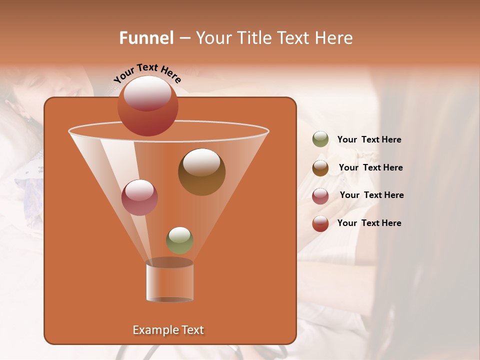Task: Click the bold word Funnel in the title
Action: click(x=146, y=38)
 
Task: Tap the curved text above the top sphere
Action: click(x=147, y=73)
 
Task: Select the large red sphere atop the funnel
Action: click(x=147, y=105)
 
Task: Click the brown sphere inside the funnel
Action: click(x=201, y=172)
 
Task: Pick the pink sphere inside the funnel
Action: click(x=139, y=197)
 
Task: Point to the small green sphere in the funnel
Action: click(x=179, y=240)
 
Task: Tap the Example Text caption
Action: click(x=168, y=330)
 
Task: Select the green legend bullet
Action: click(x=320, y=139)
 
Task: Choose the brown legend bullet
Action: click(x=320, y=168)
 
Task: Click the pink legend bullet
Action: click(x=320, y=196)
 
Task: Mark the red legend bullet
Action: click(x=320, y=223)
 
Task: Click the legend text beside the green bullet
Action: click(x=369, y=140)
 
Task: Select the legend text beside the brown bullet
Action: click(x=370, y=167)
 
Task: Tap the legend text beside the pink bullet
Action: click(x=371, y=195)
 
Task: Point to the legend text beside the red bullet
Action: click(x=369, y=223)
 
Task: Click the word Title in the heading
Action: click(x=254, y=38)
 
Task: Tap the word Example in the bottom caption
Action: click(x=153, y=330)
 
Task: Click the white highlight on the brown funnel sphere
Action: click(x=201, y=162)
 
